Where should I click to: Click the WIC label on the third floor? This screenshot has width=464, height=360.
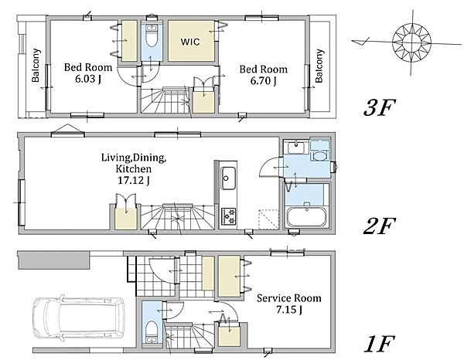tap(190, 42)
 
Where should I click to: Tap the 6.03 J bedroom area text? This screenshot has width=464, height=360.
tap(88, 80)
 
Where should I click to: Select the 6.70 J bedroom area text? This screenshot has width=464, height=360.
tap(264, 80)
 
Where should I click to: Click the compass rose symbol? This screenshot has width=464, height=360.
tap(411, 42)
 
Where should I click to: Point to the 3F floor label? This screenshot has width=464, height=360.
tap(380, 107)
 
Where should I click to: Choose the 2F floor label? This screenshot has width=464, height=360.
tap(379, 226)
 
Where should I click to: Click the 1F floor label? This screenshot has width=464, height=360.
tap(380, 344)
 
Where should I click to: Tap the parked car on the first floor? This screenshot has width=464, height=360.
tap(78, 319)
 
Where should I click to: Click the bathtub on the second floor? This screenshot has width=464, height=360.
tap(306, 217)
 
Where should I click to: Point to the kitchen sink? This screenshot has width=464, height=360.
tap(228, 178)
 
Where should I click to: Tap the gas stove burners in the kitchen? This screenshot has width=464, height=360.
tap(229, 216)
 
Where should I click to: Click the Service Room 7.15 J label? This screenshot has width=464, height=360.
tap(288, 304)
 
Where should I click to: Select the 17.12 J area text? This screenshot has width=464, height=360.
tap(133, 180)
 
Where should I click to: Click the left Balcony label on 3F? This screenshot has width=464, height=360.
tap(36, 65)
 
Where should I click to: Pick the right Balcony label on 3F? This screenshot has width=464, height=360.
tap(319, 66)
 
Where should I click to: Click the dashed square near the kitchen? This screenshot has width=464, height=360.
tap(268, 219)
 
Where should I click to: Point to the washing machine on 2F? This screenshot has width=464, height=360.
tap(320, 151)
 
